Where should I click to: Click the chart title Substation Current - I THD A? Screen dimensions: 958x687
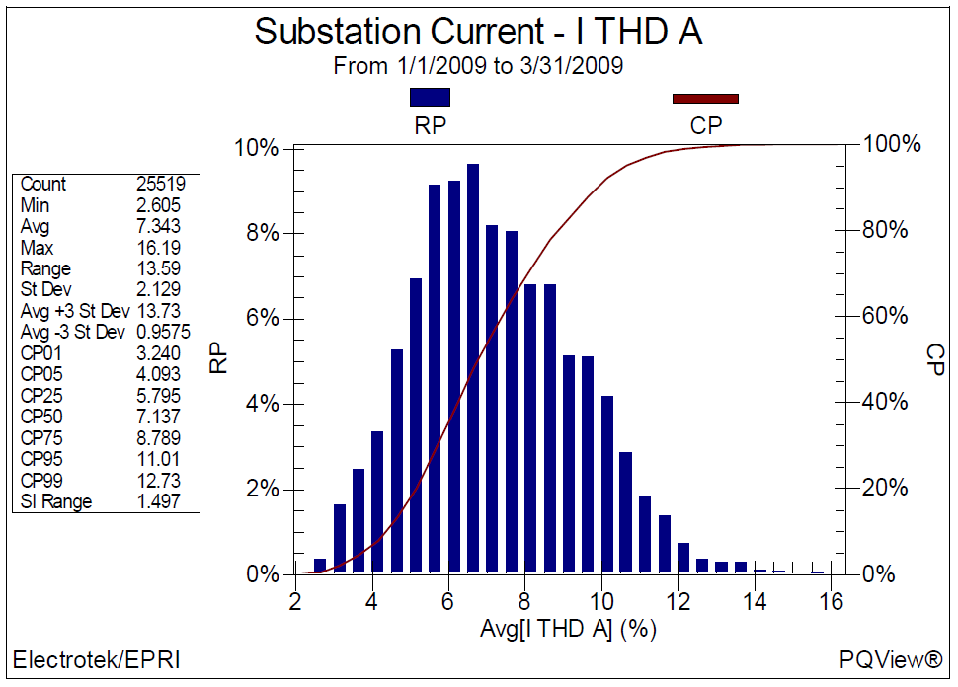click(478, 32)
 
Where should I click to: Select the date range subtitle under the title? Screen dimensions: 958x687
click(478, 66)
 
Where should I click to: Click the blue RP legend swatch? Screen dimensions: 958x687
click(430, 97)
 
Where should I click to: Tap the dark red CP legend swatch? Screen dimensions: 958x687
click(705, 99)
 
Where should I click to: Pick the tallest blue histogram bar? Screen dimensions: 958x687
click(473, 368)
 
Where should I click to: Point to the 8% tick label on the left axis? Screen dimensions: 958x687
click(263, 233)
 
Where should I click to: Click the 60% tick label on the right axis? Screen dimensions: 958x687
click(885, 316)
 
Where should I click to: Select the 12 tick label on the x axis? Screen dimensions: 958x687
click(679, 602)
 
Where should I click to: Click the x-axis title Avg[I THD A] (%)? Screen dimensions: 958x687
click(568, 629)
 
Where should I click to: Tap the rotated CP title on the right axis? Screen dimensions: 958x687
click(935, 359)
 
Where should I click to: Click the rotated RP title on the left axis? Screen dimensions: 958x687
click(218, 358)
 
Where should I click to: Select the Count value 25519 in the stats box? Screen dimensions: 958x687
click(161, 184)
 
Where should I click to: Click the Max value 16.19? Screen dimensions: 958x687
click(158, 248)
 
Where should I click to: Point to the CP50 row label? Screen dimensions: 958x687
click(41, 417)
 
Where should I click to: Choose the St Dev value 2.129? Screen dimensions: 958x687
click(158, 289)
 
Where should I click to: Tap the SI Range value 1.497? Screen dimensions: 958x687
click(158, 501)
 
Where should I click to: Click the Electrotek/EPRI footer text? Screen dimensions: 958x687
click(97, 660)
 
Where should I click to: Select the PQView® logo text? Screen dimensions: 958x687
click(891, 659)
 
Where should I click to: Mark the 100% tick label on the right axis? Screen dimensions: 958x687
click(892, 144)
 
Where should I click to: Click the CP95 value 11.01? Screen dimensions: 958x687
click(158, 459)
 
